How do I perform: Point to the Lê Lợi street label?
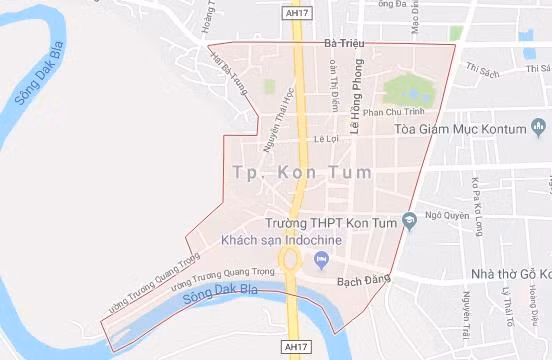(327, 139)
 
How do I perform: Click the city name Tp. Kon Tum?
(302, 172)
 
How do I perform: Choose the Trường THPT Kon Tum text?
(333, 222)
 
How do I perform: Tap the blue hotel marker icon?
(321, 261)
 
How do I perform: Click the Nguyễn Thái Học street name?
(277, 129)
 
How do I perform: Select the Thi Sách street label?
(482, 69)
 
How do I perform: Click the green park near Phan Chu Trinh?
(408, 91)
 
